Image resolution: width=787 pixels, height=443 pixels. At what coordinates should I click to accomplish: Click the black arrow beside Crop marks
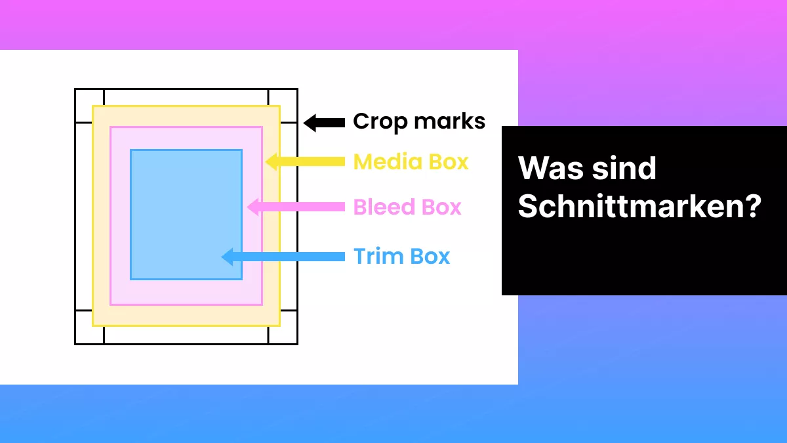pos(324,122)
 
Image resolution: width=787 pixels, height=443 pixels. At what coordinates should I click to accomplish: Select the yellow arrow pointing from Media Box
pos(306,161)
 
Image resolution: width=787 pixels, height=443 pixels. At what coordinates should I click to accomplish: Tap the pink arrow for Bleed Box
pos(296,207)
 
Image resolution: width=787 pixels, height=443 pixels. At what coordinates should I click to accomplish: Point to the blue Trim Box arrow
pos(283,256)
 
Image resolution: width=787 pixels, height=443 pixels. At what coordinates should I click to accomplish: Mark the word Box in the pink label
pos(441,207)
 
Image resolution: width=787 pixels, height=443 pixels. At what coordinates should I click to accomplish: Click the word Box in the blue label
pos(430,256)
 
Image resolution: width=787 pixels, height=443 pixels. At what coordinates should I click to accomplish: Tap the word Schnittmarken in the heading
pos(630,207)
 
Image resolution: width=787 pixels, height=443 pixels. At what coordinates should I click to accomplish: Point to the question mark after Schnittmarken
pos(753,207)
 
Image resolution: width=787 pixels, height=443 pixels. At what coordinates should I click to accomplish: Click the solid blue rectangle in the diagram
pos(186,214)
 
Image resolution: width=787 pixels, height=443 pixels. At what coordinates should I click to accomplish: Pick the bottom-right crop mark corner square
pos(283,335)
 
